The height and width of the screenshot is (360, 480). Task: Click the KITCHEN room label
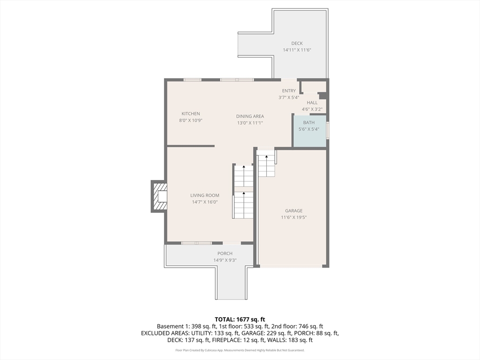pyautogui.click(x=191, y=113)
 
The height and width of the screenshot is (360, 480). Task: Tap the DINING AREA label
pyautogui.click(x=250, y=116)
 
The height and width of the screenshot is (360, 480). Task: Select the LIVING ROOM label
pyautogui.click(x=205, y=195)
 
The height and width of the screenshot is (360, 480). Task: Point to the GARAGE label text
pyautogui.click(x=294, y=210)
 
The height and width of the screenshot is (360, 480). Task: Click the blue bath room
pyautogui.click(x=310, y=131)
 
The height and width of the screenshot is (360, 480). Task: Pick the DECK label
pyautogui.click(x=297, y=44)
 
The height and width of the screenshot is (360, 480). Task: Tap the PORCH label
pyautogui.click(x=225, y=254)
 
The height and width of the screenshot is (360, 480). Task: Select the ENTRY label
pyautogui.click(x=289, y=91)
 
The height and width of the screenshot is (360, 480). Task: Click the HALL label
pyautogui.click(x=312, y=103)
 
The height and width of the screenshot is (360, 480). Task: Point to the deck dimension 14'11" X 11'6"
pyautogui.click(x=297, y=50)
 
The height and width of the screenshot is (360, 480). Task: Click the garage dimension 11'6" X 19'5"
pyautogui.click(x=294, y=217)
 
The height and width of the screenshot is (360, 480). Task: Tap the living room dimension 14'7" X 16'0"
pyautogui.click(x=205, y=202)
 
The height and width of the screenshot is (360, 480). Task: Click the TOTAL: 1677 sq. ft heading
pyautogui.click(x=240, y=320)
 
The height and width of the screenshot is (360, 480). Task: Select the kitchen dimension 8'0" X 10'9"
pyautogui.click(x=191, y=120)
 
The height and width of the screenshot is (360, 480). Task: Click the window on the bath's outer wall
pyautogui.click(x=328, y=131)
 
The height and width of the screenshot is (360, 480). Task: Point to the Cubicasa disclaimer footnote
pyautogui.click(x=240, y=350)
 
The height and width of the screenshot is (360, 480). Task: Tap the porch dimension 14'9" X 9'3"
pyautogui.click(x=225, y=260)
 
